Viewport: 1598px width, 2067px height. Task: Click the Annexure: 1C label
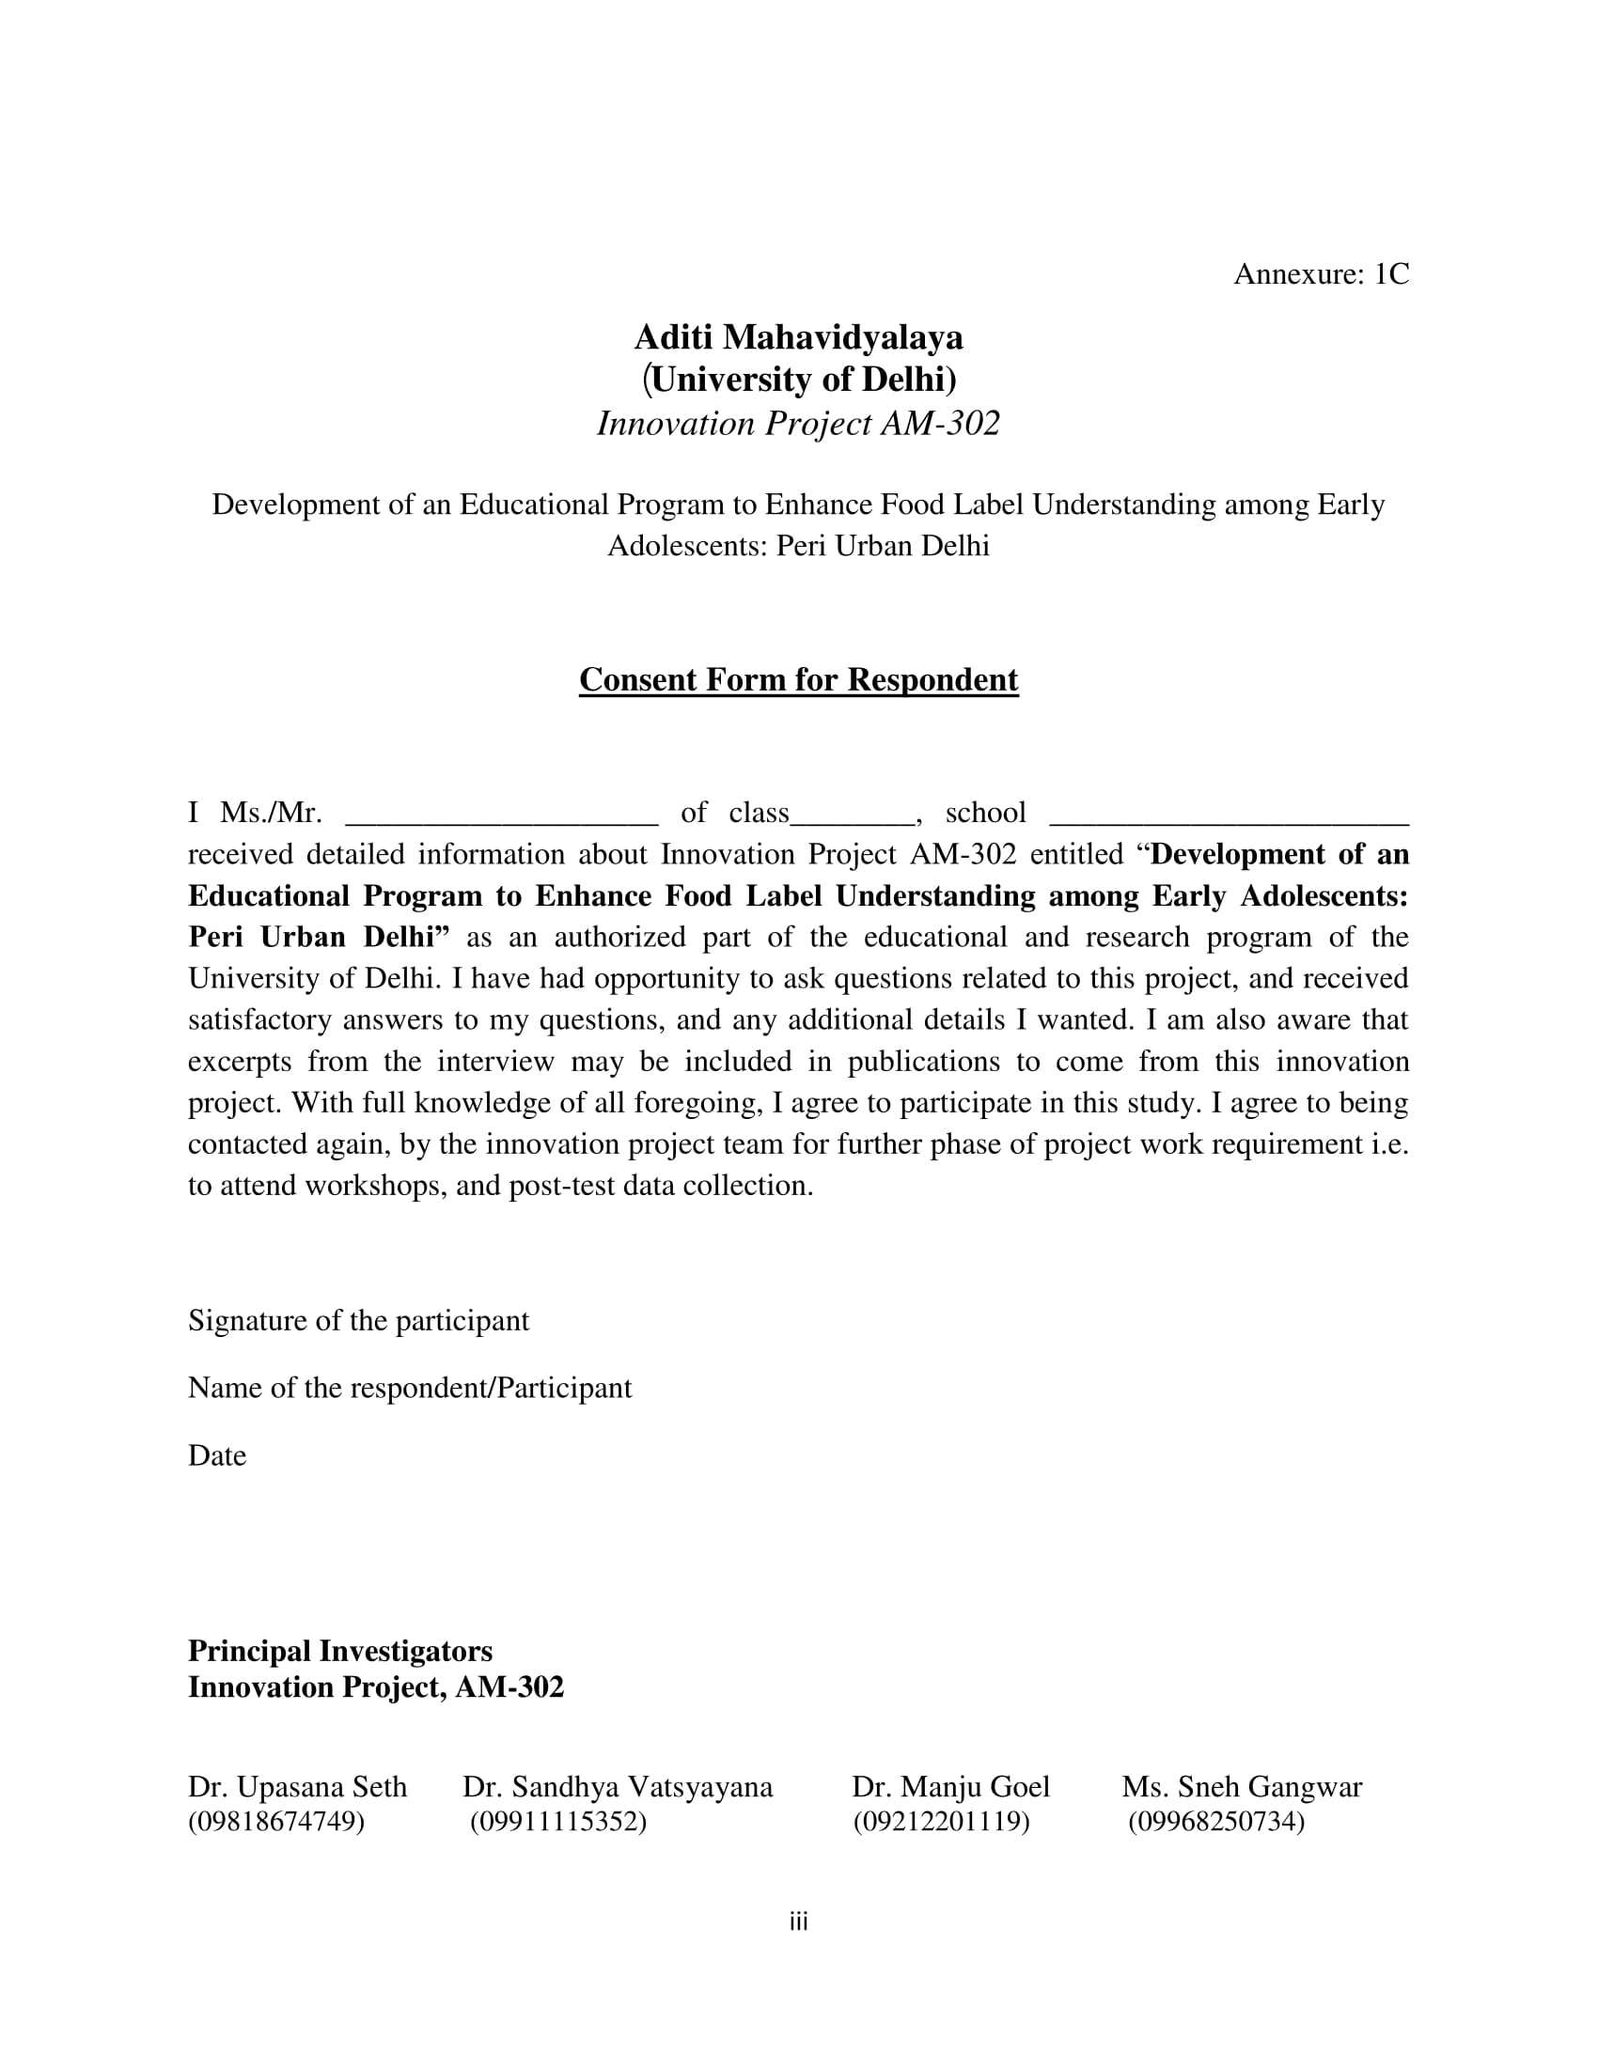[1321, 274]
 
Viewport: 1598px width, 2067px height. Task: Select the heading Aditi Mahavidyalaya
[798, 338]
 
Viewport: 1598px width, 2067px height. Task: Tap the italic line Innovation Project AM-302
[798, 424]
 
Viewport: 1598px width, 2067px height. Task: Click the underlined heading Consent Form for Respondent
[798, 679]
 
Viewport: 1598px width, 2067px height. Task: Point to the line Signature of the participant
[359, 1320]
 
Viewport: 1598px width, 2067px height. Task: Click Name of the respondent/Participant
[410, 1388]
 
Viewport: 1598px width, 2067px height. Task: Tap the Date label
[217, 1455]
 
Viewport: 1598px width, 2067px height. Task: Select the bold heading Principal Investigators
[340, 1651]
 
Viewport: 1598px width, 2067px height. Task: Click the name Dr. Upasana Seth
[297, 1787]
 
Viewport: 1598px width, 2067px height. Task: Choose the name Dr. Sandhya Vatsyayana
[618, 1787]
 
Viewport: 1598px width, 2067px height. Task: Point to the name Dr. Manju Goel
[950, 1787]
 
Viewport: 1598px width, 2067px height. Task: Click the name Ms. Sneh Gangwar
[1242, 1787]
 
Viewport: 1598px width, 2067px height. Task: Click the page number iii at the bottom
[798, 1922]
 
